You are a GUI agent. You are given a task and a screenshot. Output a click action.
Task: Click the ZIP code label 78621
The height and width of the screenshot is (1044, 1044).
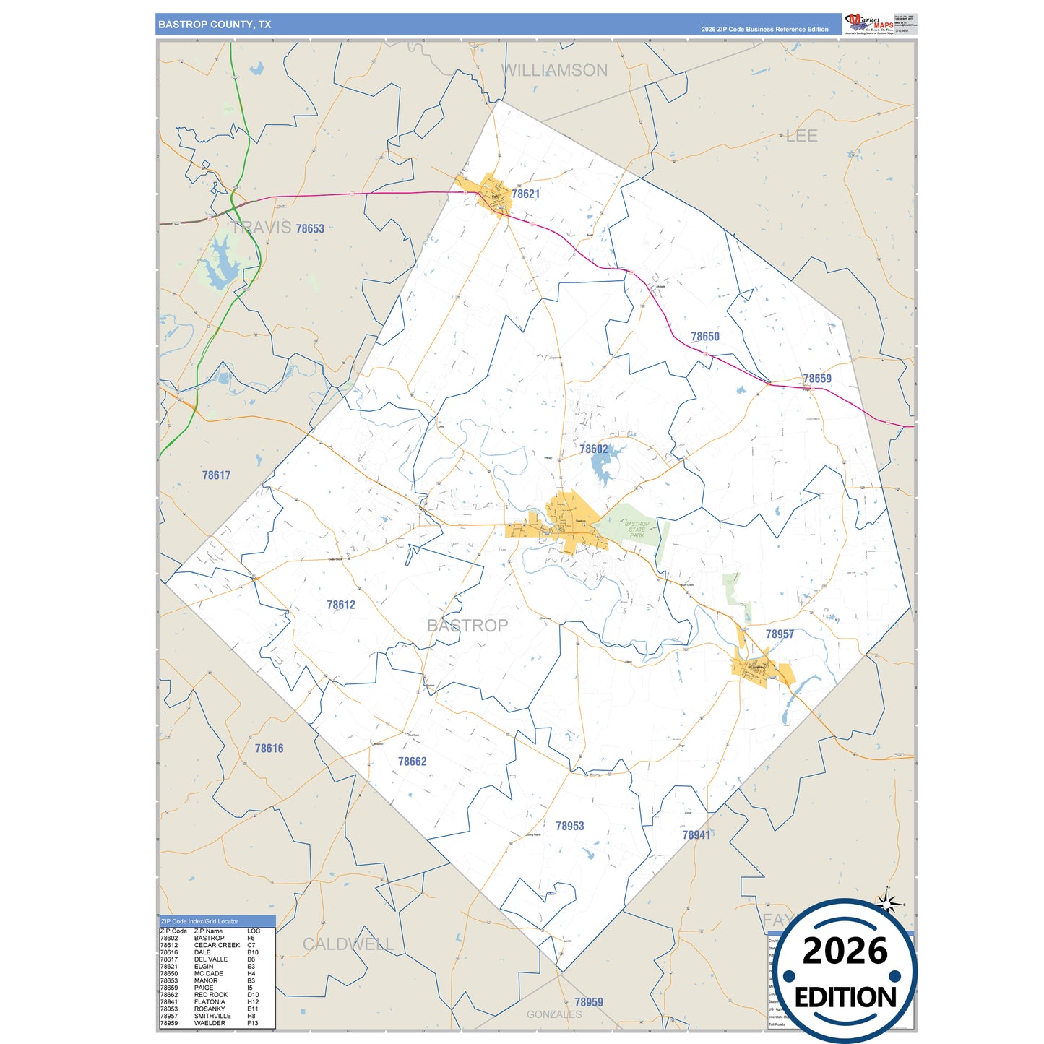coord(525,194)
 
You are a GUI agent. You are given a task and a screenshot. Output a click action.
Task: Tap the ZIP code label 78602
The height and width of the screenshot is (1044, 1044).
coord(593,449)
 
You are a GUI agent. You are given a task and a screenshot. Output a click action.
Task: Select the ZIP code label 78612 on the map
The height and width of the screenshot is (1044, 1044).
coord(341,605)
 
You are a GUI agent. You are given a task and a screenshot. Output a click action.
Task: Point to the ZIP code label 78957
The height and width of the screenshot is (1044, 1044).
coord(780,634)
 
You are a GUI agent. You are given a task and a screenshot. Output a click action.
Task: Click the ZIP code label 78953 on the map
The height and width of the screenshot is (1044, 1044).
coord(569,826)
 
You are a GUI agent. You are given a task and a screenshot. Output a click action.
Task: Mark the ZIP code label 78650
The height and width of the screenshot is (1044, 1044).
coord(704,337)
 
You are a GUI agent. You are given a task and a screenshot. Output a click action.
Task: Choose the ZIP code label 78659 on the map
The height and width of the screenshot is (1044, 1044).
coord(817,379)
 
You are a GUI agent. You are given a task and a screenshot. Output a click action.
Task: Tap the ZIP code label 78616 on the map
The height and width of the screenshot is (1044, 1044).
coord(269,749)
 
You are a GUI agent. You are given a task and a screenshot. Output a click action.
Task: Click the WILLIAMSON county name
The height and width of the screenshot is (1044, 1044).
coord(554,70)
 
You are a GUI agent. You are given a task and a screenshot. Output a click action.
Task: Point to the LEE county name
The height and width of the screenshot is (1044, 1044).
coord(801,136)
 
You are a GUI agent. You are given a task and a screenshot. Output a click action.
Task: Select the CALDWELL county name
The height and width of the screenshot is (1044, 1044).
coord(348,944)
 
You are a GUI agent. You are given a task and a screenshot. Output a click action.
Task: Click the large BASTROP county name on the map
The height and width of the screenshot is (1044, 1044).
coord(467,626)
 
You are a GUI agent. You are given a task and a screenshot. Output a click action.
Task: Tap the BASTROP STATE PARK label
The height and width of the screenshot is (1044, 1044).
coord(637,530)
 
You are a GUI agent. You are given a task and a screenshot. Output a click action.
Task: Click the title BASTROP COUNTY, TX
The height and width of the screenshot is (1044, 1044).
coord(215,25)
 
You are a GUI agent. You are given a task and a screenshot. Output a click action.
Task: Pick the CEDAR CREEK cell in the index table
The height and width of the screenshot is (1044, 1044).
coord(217,945)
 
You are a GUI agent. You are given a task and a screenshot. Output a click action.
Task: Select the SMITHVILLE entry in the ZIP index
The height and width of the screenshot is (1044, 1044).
coord(212,1016)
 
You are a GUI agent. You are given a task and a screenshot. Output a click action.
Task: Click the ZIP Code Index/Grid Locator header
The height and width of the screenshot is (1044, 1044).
coord(199,921)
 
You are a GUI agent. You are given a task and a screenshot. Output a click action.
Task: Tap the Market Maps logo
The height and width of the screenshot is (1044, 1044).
coord(868,23)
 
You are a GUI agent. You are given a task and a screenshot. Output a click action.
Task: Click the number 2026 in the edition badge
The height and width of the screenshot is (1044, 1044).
coord(845,951)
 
